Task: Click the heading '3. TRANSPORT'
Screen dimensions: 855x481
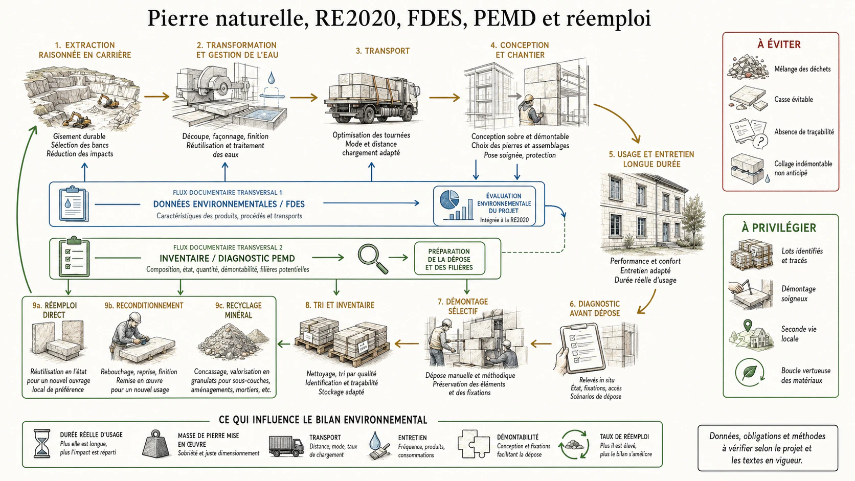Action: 382,51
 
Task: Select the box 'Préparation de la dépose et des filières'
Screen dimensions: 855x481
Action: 449,259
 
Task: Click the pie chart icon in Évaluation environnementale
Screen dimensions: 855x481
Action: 449,199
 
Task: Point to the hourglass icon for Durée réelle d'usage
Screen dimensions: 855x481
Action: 42,444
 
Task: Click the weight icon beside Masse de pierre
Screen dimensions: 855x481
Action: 156,444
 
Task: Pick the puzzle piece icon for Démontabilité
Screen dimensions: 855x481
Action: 474,444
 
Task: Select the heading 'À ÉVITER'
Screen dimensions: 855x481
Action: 779,44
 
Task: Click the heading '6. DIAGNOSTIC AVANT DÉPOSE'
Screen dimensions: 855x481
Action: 595,308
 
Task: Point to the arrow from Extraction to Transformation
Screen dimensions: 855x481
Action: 156,97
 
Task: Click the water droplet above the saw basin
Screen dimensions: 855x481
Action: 271,78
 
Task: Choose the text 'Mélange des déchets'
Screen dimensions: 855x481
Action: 802,69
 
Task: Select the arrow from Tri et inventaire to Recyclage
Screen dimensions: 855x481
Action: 284,344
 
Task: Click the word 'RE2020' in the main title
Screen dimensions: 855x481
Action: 355,18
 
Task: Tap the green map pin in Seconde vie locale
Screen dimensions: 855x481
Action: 748,326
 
